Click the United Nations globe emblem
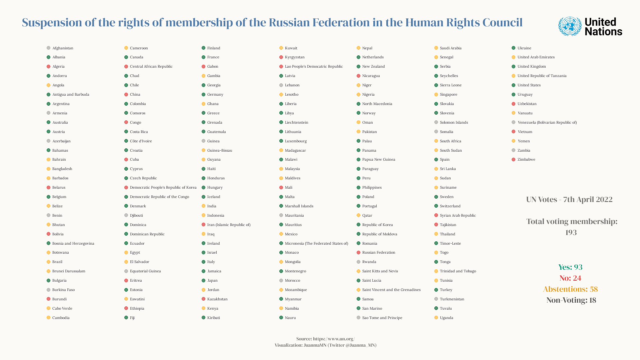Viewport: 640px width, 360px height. point(570,26)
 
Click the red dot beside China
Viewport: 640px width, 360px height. point(126,95)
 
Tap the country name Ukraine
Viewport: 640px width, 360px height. point(524,48)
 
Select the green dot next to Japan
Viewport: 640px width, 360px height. point(204,281)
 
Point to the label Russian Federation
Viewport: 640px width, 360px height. point(378,253)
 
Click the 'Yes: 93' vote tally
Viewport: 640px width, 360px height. point(570,267)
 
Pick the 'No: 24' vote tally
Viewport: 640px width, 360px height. point(570,278)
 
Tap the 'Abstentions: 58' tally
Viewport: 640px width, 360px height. point(570,289)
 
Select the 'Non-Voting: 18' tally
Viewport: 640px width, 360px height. point(571,300)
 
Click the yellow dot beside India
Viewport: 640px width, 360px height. point(204,206)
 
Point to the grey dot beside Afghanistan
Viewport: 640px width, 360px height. point(49,48)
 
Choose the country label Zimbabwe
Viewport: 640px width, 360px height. point(526,160)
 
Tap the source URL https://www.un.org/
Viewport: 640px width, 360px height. point(334,339)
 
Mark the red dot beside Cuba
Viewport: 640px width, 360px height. point(126,160)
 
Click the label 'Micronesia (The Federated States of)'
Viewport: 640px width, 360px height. point(316,244)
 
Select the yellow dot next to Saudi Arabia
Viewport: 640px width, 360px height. point(436,48)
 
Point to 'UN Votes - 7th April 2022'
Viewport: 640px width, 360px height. point(569,200)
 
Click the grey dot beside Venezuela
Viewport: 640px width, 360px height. point(514,123)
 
